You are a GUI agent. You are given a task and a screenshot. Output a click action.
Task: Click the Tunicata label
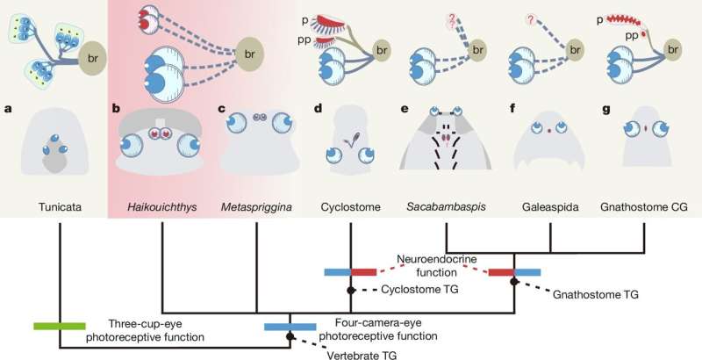(x=60, y=207)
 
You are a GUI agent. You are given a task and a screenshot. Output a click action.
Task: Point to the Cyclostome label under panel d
(x=350, y=207)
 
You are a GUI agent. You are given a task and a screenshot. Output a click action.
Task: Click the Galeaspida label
(x=549, y=207)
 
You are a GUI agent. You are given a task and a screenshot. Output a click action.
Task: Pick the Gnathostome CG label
(x=644, y=207)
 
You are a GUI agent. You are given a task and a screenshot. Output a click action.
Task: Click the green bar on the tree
(x=59, y=327)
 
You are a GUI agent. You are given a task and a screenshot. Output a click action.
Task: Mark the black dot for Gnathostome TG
(x=514, y=281)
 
